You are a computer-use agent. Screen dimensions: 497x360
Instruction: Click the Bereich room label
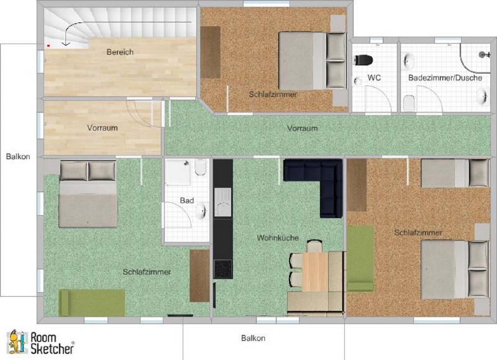(120, 52)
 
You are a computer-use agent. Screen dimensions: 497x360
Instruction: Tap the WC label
(374, 78)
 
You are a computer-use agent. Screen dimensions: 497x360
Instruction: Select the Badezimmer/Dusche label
(445, 78)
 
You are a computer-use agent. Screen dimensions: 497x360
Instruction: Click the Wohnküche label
(278, 238)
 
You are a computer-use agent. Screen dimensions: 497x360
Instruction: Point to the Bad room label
(187, 200)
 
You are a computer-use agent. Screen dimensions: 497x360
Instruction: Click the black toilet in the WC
(363, 60)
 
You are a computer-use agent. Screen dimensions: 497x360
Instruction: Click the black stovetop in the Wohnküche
(223, 269)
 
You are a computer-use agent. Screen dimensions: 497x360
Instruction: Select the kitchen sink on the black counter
(223, 202)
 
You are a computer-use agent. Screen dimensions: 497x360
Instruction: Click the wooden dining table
(315, 272)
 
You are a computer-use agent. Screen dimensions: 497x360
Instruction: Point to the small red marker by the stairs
(48, 45)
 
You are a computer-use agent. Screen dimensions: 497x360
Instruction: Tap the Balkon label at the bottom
(253, 338)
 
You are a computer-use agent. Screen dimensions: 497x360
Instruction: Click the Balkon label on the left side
(18, 157)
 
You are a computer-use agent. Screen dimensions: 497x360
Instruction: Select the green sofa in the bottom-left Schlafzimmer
(92, 303)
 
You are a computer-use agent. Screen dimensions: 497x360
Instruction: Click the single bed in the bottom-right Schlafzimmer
(455, 173)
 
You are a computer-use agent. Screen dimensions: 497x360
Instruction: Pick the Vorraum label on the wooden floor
(103, 128)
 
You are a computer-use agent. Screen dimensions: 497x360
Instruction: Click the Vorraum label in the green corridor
(303, 129)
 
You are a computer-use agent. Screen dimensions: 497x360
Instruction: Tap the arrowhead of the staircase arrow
(66, 44)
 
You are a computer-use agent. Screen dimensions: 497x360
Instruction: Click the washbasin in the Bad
(201, 211)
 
